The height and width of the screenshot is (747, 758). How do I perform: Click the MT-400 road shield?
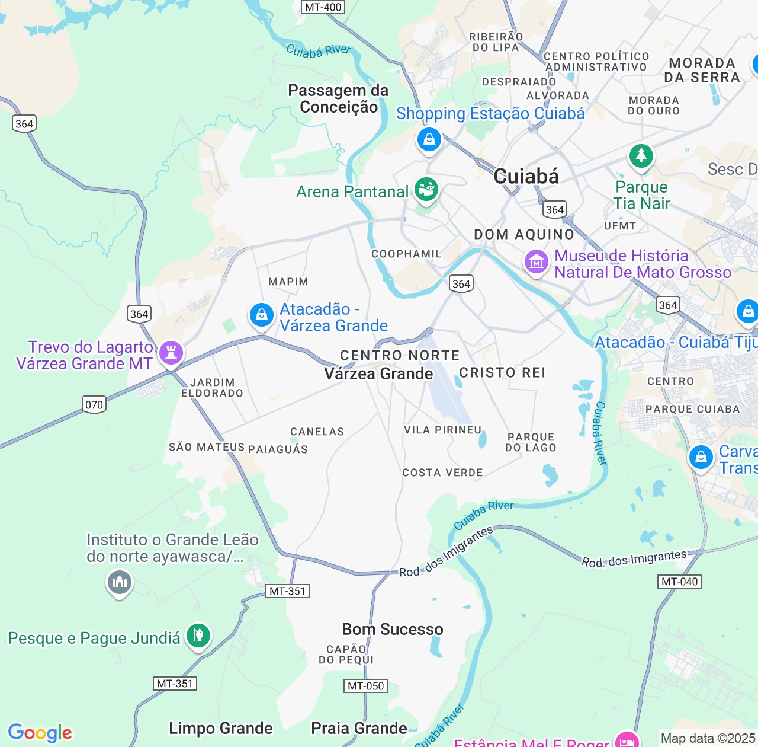click(x=323, y=7)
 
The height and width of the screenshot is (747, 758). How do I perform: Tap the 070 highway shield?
click(x=94, y=405)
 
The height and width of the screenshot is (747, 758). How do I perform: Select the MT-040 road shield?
click(x=679, y=582)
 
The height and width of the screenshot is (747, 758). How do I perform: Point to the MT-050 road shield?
click(x=365, y=686)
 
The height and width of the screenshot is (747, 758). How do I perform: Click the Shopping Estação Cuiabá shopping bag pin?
click(x=429, y=141)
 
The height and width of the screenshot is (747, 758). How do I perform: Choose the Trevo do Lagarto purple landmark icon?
click(x=171, y=353)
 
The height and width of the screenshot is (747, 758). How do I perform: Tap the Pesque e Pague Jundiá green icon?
click(x=198, y=636)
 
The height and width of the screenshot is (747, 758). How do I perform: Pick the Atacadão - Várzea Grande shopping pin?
click(x=261, y=315)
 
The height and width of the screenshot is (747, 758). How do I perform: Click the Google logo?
click(x=40, y=733)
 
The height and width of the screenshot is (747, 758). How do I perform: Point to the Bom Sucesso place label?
click(x=393, y=629)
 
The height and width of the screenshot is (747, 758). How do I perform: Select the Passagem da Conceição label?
click(x=338, y=98)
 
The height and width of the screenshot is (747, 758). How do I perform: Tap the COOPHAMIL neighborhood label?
click(x=406, y=254)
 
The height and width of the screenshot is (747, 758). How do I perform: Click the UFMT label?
click(x=620, y=226)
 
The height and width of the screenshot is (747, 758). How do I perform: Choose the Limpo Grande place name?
click(x=221, y=728)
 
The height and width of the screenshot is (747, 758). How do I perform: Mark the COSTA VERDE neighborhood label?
click(x=442, y=473)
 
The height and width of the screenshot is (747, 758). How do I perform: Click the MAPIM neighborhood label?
click(x=288, y=282)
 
